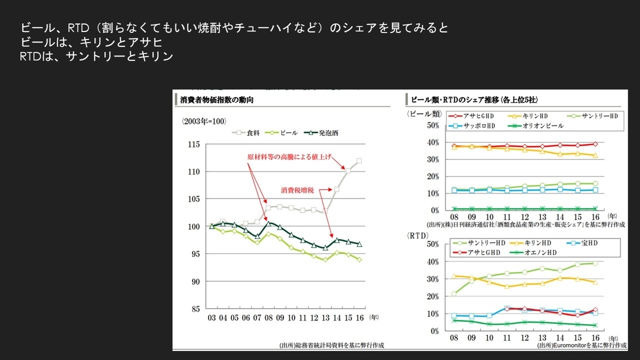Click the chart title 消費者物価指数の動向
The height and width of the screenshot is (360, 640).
[217, 100]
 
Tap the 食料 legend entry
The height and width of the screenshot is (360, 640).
[245, 133]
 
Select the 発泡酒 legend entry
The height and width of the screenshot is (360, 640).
[321, 133]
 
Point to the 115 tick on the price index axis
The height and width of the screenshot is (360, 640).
[194, 145]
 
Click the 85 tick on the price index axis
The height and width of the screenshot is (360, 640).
[195, 309]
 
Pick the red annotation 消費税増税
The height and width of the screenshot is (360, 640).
[298, 190]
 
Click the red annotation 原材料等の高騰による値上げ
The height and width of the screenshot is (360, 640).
[289, 157]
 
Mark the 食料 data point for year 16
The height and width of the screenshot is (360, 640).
[359, 161]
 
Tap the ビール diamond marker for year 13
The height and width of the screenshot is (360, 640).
[325, 260]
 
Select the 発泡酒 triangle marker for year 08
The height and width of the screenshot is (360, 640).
[268, 223]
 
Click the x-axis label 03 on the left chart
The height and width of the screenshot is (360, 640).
[212, 318]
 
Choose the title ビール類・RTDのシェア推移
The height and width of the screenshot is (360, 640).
[474, 100]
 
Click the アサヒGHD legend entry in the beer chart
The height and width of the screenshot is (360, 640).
[471, 116]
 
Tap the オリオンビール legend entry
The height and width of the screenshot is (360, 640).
[535, 126]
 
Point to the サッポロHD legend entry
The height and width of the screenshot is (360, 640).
[471, 126]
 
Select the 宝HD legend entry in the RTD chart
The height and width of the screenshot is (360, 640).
[582, 243]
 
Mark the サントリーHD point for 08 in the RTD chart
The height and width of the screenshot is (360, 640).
[454, 294]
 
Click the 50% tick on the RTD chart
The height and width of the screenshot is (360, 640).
[433, 244]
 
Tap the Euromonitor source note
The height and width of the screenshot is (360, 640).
[582, 346]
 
